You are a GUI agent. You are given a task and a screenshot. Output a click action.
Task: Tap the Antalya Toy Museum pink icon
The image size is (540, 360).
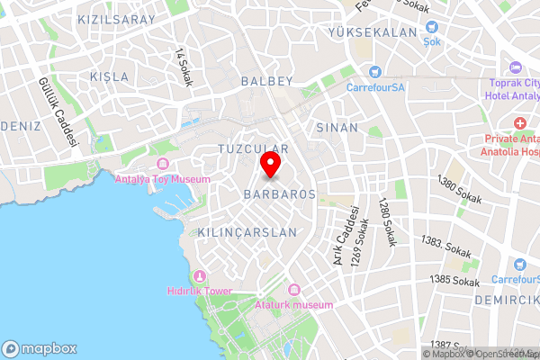click(x=163, y=164)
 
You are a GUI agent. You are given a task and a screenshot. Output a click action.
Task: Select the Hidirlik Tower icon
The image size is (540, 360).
click(x=200, y=276)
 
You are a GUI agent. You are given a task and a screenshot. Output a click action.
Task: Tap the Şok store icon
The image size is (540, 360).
click(x=431, y=28)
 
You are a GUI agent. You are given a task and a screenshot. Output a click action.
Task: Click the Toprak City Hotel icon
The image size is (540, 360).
click(x=516, y=67)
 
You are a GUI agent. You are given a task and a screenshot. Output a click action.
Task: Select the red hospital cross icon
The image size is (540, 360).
click(x=519, y=122)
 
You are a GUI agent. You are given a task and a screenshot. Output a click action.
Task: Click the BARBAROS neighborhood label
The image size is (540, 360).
click(x=279, y=193)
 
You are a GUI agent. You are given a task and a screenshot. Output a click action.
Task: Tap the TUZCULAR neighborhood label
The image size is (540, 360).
click(x=253, y=148)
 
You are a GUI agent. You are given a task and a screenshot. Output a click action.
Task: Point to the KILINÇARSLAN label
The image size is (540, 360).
click(x=247, y=232)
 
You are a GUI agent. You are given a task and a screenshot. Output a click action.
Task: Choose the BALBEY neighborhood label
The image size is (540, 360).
click(x=268, y=81)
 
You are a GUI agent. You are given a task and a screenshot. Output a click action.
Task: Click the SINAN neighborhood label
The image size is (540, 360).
click(x=337, y=128)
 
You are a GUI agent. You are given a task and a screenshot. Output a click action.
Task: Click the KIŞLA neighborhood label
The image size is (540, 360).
click(x=110, y=77)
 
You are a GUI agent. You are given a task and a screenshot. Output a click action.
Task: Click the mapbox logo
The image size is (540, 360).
click(x=39, y=348)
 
